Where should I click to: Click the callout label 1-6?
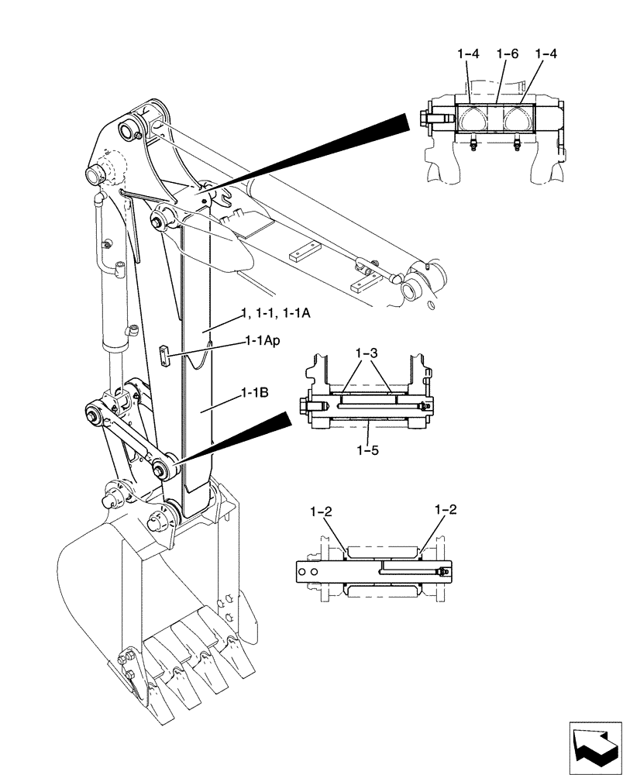point(508,54)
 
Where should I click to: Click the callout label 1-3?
point(367,353)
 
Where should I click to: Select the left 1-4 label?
point(468,54)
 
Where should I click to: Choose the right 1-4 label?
point(546,54)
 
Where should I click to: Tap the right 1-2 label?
point(446,510)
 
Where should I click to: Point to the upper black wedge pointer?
point(310,154)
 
